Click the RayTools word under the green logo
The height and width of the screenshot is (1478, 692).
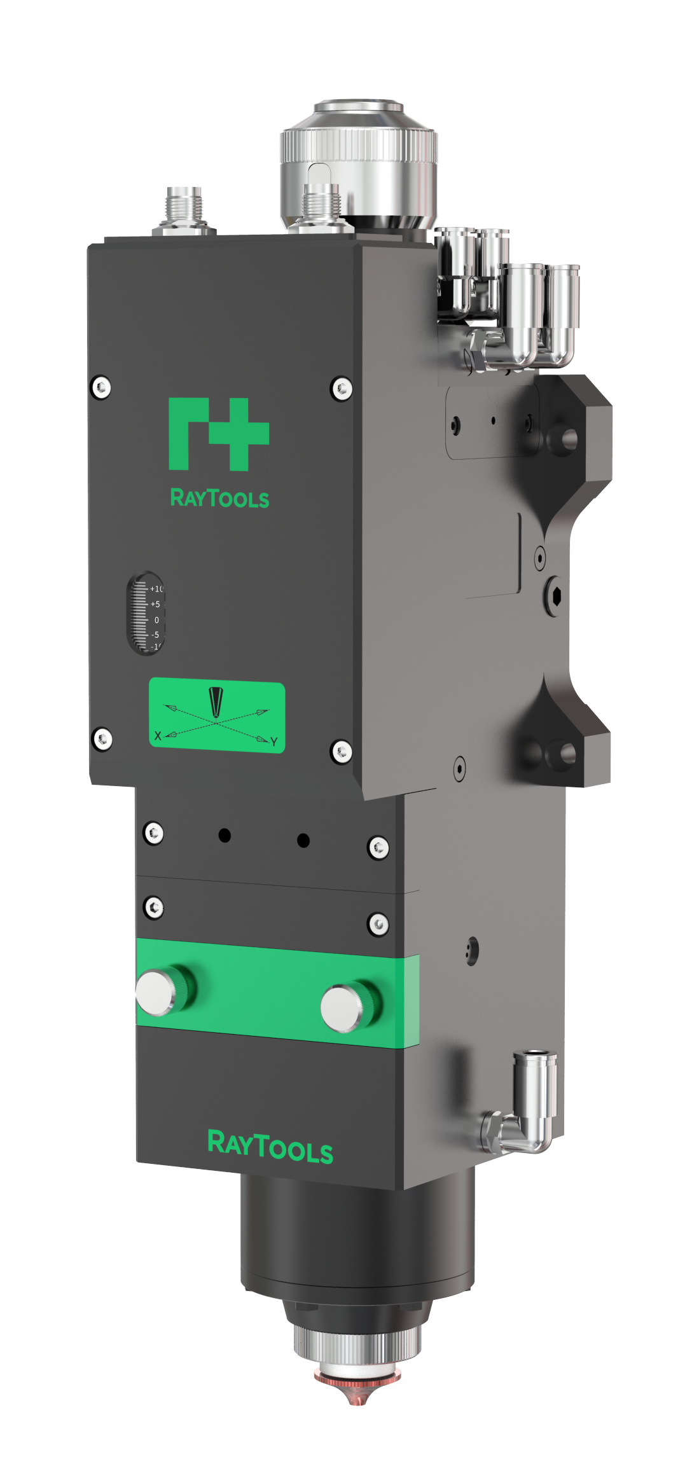coord(219,498)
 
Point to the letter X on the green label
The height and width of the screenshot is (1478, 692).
coord(158,735)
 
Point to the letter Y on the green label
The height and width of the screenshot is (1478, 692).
coord(273,742)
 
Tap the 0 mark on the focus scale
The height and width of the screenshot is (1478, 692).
coord(156,620)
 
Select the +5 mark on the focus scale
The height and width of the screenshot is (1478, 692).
coord(155,604)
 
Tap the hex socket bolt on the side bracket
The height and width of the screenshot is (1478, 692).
coord(554,597)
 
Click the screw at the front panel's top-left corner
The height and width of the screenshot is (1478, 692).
coord(101,387)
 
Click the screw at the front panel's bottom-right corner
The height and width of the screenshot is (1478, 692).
coord(342,752)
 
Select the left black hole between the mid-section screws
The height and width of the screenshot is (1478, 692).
coord(225,835)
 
